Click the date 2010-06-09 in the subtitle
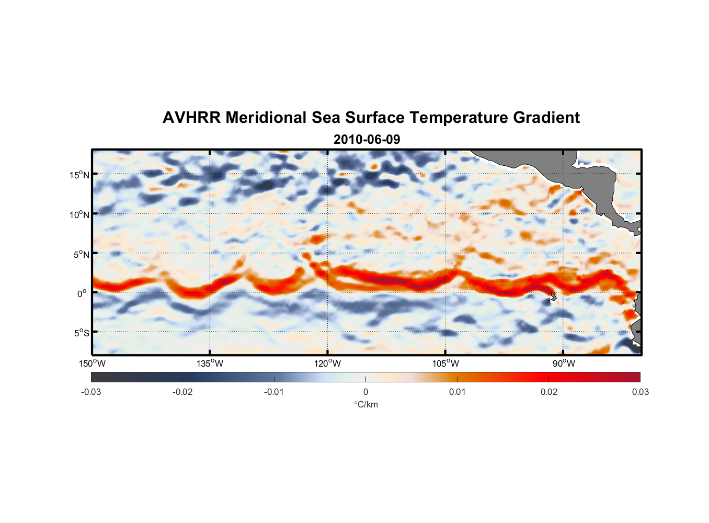tap(367, 140)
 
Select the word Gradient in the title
tap(546, 118)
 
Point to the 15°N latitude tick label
tap(79, 175)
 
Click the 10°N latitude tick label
tap(79, 214)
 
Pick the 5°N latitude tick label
tap(81, 254)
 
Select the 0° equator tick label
tap(82, 293)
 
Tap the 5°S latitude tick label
tap(81, 333)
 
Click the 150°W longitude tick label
tap(93, 363)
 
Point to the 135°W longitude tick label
tap(210, 363)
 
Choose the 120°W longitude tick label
tap(328, 363)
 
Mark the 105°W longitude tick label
tap(445, 363)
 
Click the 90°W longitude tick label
tap(564, 363)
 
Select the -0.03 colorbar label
tap(91, 392)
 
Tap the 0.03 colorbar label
tap(640, 392)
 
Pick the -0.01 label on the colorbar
tap(274, 392)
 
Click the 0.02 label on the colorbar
tap(549, 392)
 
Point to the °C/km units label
tap(365, 404)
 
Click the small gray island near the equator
tap(553, 297)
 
